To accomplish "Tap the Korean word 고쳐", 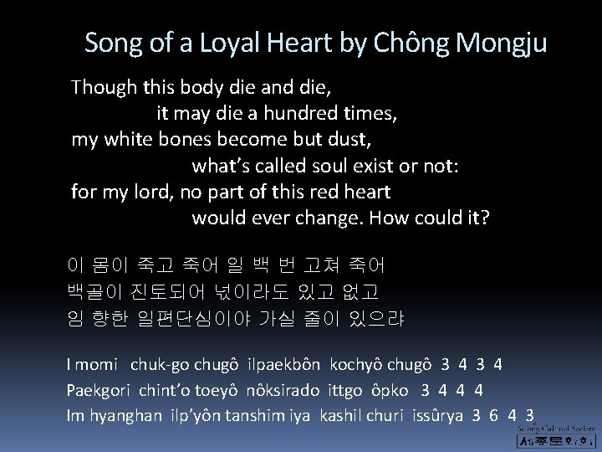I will pos(326,266).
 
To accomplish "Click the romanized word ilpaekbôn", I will pos(284,365).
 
